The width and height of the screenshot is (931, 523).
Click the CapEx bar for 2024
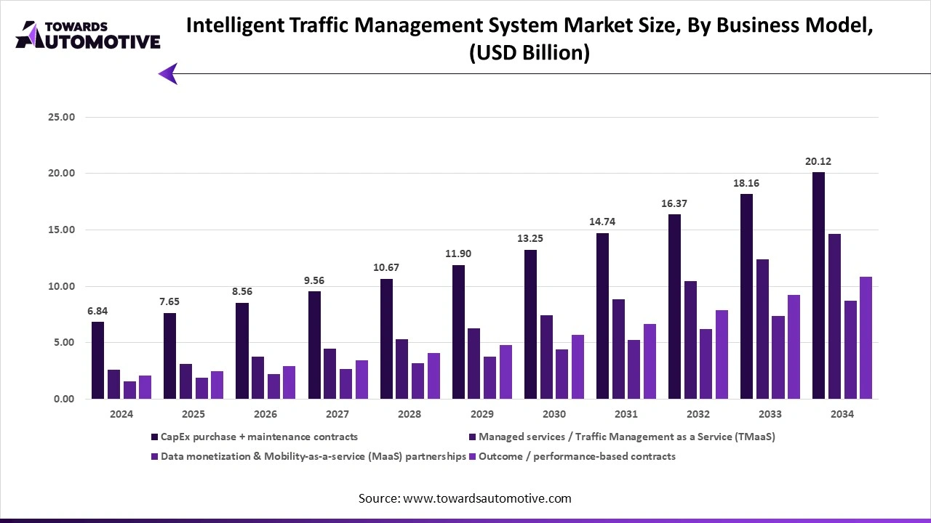[97, 360]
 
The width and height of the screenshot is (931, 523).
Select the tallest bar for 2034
[818, 285]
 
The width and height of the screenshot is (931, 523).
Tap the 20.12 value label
[818, 162]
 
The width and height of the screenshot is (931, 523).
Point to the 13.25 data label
[530, 239]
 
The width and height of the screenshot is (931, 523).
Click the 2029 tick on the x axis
[482, 414]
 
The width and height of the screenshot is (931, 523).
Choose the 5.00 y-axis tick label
[62, 343]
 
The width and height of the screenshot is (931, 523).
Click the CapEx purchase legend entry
[254, 437]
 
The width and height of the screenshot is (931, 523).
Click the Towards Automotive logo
[87, 35]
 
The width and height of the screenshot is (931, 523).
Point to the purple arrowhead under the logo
[168, 73]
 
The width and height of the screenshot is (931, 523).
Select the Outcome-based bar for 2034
[866, 338]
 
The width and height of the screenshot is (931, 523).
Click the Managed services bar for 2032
[690, 340]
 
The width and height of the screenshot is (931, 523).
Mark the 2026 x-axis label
[265, 414]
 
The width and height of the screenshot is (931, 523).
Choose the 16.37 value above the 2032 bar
[674, 204]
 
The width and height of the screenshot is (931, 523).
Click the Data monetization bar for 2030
[562, 374]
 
